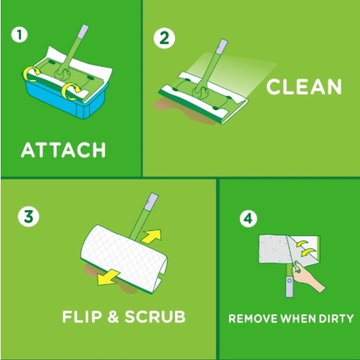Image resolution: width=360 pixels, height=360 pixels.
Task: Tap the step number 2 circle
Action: pyautogui.click(x=165, y=39)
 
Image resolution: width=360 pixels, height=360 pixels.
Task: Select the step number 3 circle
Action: pyautogui.click(x=27, y=215)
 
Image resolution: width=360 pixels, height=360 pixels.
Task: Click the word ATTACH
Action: pyautogui.click(x=63, y=150)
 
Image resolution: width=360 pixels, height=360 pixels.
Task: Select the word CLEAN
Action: pyautogui.click(x=304, y=87)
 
